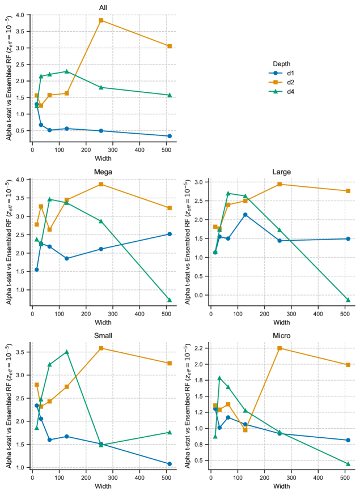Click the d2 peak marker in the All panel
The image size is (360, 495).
tap(101, 20)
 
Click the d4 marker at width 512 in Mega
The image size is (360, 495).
tap(170, 300)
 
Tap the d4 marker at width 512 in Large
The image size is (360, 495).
tap(348, 300)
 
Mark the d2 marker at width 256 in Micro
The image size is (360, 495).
tap(279, 348)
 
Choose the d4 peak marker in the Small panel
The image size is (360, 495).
tap(67, 352)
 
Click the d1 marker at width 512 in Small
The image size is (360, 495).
tap(170, 464)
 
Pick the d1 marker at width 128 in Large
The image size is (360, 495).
tap(245, 215)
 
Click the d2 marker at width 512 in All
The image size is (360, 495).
tap(170, 46)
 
